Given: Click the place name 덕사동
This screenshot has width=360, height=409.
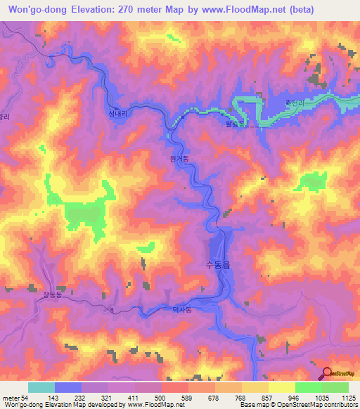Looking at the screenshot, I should point(182,308).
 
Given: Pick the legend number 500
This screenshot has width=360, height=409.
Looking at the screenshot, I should point(162,398).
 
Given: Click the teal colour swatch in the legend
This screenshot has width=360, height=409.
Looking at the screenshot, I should point(41,387).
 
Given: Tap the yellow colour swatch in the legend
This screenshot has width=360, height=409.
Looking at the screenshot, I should point(281,387).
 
